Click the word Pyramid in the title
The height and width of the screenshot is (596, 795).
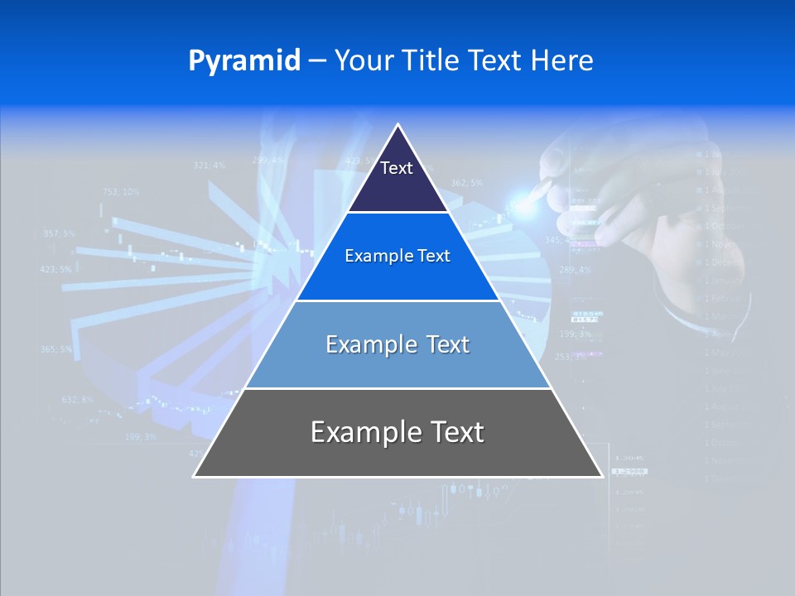click(243, 61)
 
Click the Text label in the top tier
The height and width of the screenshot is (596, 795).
click(397, 168)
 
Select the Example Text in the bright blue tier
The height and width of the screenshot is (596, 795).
click(397, 256)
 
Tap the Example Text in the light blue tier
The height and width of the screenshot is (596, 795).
click(397, 344)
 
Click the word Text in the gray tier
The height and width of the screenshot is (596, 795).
click(455, 432)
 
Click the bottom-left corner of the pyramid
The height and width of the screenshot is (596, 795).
click(194, 476)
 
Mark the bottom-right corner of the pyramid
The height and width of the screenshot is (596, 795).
click(602, 476)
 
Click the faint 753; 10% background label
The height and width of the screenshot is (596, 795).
click(121, 192)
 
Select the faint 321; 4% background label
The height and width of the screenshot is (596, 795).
click(209, 166)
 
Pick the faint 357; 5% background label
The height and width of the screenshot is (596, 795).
click(58, 233)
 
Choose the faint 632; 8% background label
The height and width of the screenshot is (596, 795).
click(78, 400)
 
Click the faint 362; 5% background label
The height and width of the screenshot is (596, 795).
click(466, 183)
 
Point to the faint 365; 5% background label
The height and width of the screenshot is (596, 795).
click(56, 349)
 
